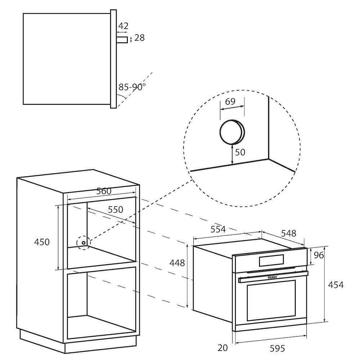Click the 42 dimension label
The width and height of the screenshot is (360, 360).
point(123,26)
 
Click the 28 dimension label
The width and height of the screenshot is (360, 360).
point(139,38)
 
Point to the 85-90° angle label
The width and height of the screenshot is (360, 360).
point(132,87)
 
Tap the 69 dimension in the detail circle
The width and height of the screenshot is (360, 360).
point(230,101)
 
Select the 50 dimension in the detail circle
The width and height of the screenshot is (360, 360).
point(240,152)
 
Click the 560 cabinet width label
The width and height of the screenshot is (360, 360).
point(104,191)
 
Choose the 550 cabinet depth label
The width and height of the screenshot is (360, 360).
point(116,210)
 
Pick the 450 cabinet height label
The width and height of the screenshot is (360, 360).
point(42,242)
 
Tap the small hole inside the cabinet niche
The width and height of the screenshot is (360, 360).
point(84,243)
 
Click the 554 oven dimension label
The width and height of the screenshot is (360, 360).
point(218,229)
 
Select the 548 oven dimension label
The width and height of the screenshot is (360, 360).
point(289,234)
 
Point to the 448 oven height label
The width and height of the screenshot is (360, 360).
point(177,263)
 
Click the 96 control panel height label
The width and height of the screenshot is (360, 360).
point(319,255)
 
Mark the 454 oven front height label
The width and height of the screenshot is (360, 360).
point(336,285)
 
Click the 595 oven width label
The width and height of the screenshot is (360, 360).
point(277,348)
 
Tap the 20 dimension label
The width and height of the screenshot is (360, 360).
point(222,348)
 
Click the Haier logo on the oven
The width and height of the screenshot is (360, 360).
point(272,277)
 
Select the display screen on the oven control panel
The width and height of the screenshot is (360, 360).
point(271,261)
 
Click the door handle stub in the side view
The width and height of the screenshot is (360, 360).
point(122,40)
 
